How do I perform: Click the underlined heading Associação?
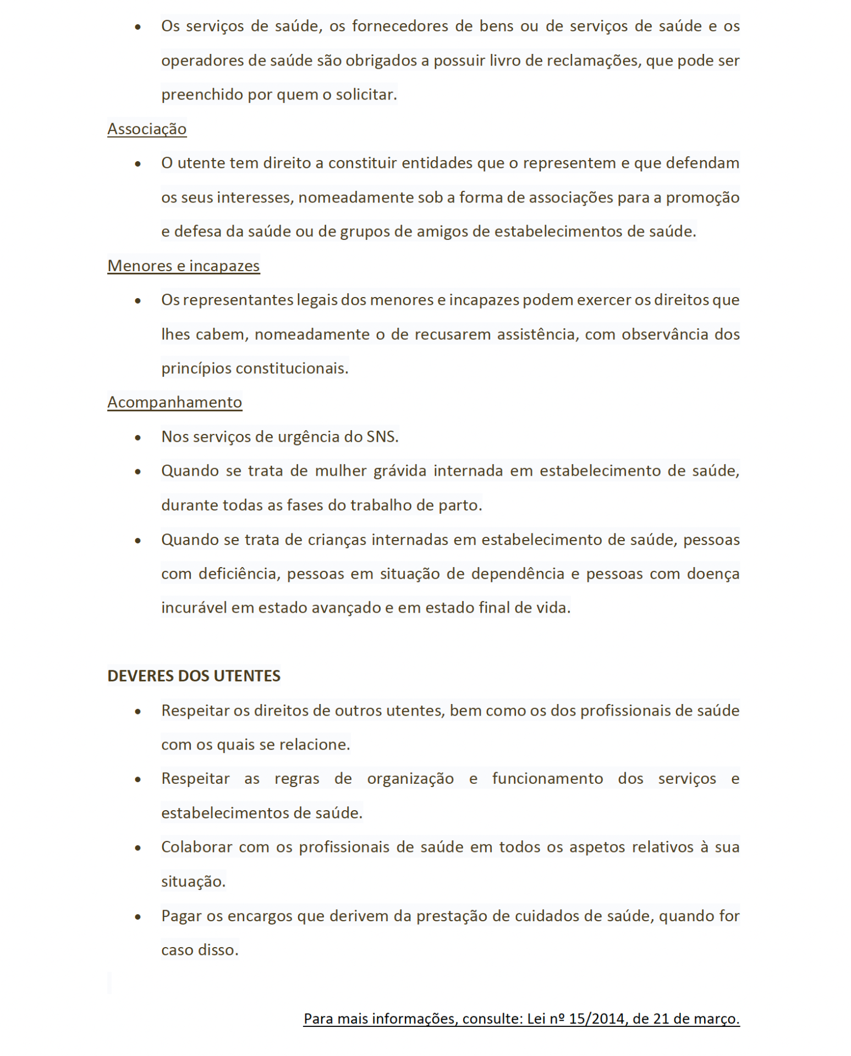click(x=147, y=129)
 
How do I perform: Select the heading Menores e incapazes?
click(x=183, y=266)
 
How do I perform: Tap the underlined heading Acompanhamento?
click(x=174, y=402)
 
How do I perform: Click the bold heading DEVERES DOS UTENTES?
click(x=194, y=676)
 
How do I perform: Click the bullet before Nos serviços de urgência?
click(x=138, y=438)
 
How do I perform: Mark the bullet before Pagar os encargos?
click(x=138, y=917)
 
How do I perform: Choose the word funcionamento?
click(x=547, y=779)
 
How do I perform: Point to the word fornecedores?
click(x=400, y=26)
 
